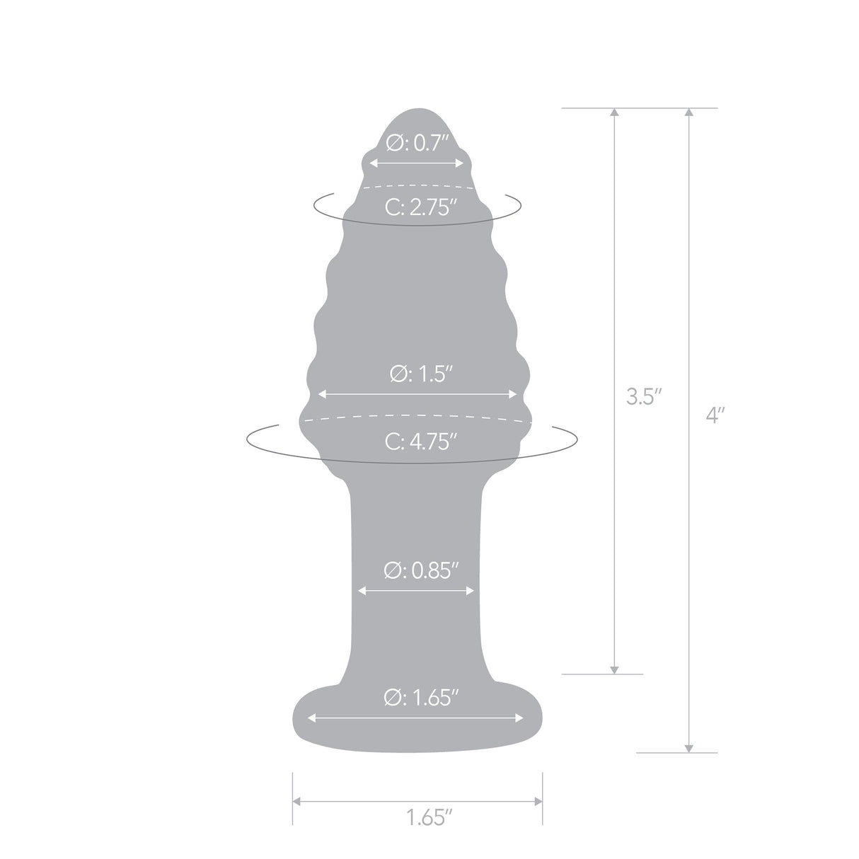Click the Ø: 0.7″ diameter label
[417, 144]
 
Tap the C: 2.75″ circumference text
[417, 207]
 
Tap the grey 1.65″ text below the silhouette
[429, 819]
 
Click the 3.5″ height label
[644, 396]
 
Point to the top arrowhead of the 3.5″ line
[615, 113]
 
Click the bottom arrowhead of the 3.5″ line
[615, 669]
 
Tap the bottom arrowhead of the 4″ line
[688, 748]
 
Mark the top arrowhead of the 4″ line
[688, 113]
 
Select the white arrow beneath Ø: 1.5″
[418, 394]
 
